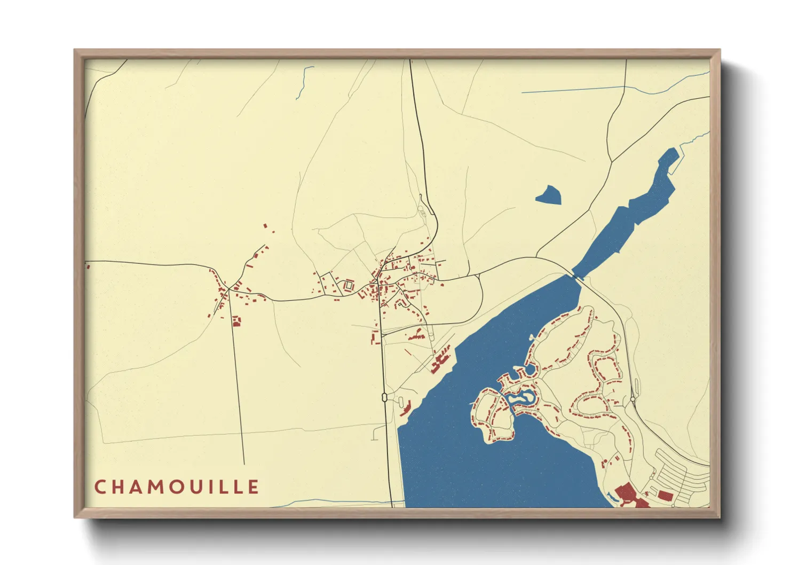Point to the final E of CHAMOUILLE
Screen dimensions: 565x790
tap(254, 487)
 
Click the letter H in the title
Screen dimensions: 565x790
tap(120, 487)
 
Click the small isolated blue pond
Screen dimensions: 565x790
tap(549, 195)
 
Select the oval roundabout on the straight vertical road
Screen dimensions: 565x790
tap(384, 397)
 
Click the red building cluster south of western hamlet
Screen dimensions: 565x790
tap(236, 321)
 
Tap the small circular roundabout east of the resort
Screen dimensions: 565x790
tap(633, 398)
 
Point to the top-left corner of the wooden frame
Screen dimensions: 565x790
tap(76, 51)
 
